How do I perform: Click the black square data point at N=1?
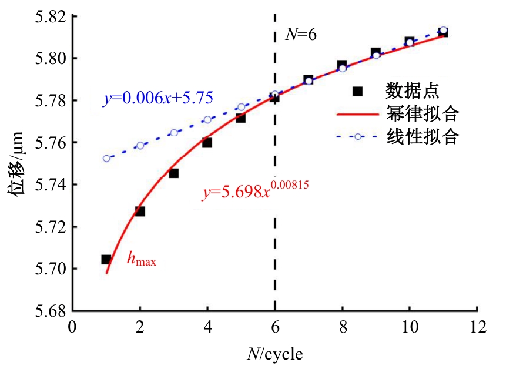pos(106,259)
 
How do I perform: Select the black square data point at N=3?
pos(173,173)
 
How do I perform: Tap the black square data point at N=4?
pos(207,143)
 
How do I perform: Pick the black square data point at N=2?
pos(140,212)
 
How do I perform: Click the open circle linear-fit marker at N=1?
pos(106,159)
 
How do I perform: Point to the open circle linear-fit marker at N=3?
pos(173,133)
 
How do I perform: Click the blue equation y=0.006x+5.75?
pos(158,98)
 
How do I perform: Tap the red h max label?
pos(142,259)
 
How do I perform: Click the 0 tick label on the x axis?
pos(72,327)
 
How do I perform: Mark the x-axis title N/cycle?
pos(275,354)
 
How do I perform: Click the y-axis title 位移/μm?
pos(17,163)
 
